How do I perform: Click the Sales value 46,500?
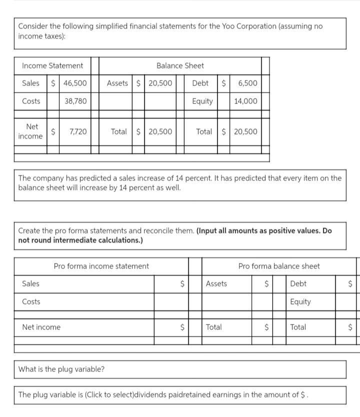(x=75, y=83)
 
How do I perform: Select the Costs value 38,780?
(x=75, y=101)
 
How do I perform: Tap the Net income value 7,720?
(x=77, y=132)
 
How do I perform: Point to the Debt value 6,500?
(x=247, y=83)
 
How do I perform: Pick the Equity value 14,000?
(x=245, y=101)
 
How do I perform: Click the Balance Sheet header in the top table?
(x=180, y=65)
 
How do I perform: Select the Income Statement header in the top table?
(x=52, y=65)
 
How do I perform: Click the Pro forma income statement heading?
(x=101, y=266)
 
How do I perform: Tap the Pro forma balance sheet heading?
(x=278, y=266)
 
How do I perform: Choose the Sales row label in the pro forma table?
(x=30, y=283)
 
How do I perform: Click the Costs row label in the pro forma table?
(x=31, y=301)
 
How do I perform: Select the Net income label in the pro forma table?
(x=41, y=327)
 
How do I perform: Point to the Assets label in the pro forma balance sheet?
(x=216, y=283)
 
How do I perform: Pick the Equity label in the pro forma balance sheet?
(x=300, y=301)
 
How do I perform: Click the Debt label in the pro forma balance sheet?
(x=298, y=283)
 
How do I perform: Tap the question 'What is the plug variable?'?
(x=61, y=369)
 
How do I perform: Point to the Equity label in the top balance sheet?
(x=202, y=101)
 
